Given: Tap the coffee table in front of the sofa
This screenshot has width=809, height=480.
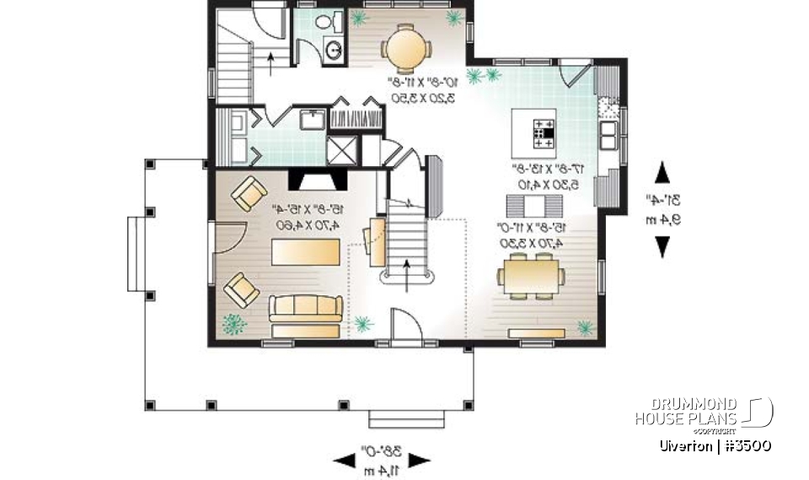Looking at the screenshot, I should tap(304, 251).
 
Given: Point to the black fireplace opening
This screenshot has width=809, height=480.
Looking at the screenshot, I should tap(316, 180).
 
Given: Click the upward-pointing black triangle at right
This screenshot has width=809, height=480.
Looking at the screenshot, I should tap(662, 172).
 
